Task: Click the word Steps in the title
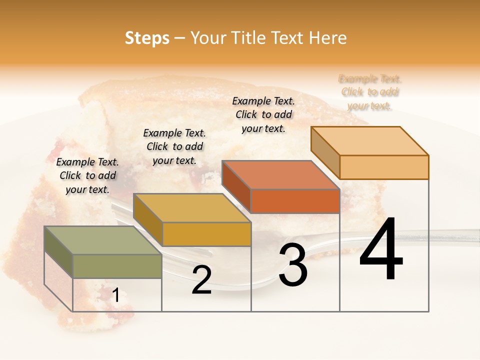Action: (147, 38)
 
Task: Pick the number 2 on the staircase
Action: (201, 280)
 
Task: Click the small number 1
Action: (115, 296)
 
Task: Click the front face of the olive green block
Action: (117, 266)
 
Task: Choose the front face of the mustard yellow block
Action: (206, 234)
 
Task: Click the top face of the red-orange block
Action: (280, 175)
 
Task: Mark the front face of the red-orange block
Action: (295, 201)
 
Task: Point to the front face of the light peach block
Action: (384, 167)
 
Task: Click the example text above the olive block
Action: (87, 175)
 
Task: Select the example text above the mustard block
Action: (174, 146)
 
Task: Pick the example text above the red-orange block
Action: (263, 114)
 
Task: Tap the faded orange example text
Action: (370, 92)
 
